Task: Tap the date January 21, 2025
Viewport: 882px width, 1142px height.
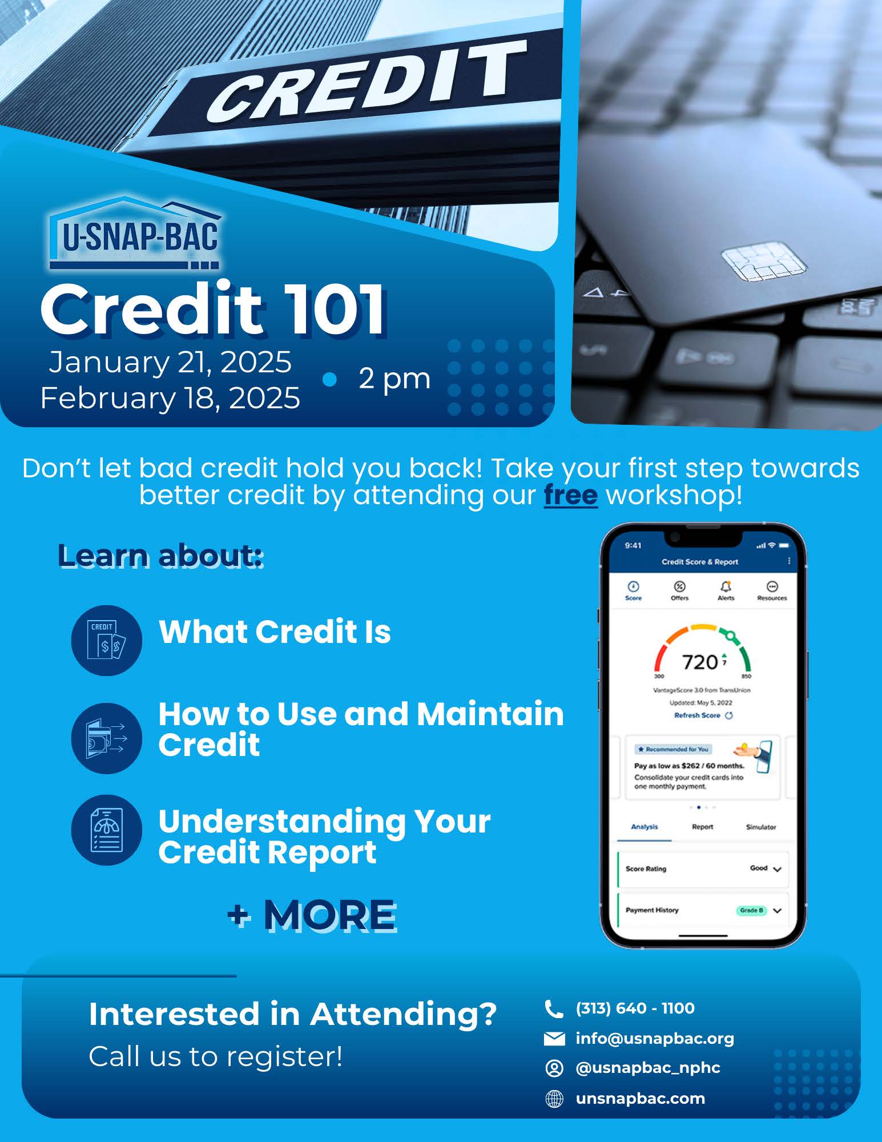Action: (170, 362)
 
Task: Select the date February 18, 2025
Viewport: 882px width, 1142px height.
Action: (170, 398)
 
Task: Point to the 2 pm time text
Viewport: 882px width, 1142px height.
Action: (394, 378)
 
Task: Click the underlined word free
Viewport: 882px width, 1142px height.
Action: (570, 495)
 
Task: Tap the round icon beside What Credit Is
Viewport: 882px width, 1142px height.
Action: (106, 640)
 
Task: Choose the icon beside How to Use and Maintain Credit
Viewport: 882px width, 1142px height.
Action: (106, 738)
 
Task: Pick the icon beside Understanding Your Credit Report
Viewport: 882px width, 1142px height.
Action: (106, 830)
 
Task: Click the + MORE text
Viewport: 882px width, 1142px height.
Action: (312, 915)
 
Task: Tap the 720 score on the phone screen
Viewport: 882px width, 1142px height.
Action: (700, 662)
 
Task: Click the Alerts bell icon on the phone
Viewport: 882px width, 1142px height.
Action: (726, 587)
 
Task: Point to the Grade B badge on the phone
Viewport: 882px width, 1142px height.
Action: (751, 910)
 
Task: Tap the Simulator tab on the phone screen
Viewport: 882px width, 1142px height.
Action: (760, 827)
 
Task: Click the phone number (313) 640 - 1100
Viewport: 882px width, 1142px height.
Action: (635, 1008)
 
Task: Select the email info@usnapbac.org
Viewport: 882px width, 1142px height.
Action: (655, 1038)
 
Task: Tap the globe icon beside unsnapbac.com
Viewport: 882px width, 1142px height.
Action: (554, 1098)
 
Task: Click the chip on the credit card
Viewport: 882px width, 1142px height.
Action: (764, 264)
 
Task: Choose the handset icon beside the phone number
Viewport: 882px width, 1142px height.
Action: (554, 1009)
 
